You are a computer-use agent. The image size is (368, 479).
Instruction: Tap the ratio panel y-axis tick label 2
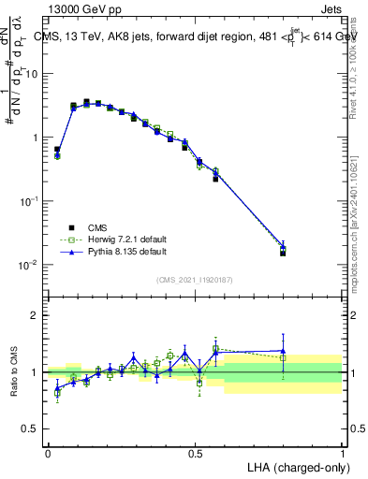point(36,315)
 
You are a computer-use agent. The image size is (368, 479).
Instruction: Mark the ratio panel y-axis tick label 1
point(36,372)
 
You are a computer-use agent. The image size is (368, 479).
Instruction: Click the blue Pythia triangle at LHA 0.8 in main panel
point(283,247)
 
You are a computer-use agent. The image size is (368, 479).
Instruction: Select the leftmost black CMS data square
point(57,150)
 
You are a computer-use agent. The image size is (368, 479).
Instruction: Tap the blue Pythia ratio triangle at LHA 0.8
point(283,351)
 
